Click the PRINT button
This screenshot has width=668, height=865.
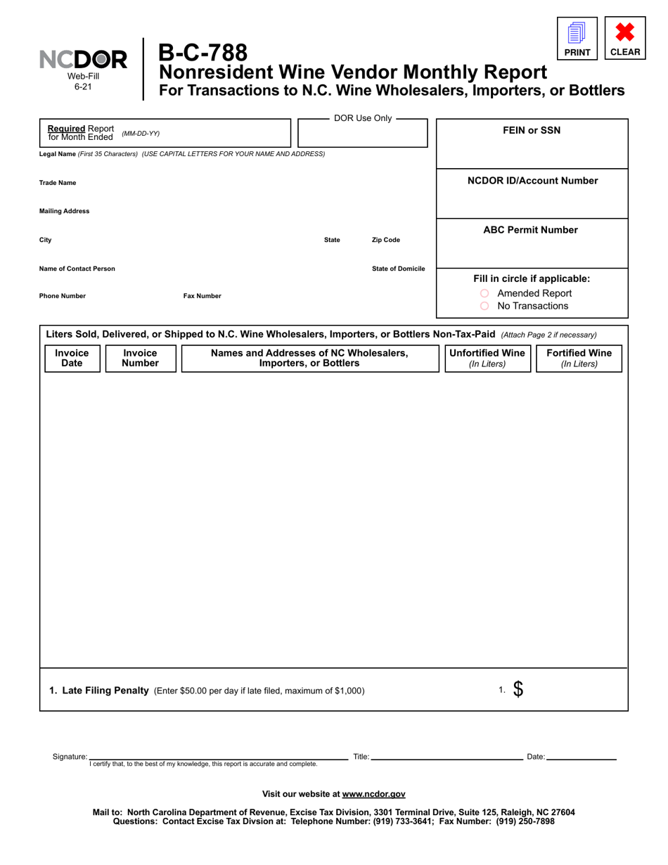(x=577, y=38)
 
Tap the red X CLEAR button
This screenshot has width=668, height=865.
(x=625, y=38)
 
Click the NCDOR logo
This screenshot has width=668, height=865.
(x=84, y=60)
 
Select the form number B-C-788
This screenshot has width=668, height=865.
(x=203, y=52)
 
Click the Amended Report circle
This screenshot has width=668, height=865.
(x=484, y=293)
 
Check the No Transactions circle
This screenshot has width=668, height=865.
(x=484, y=306)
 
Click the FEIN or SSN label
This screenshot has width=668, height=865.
(x=532, y=130)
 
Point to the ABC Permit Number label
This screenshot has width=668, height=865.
(x=531, y=230)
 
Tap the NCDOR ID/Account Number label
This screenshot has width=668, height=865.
(x=532, y=181)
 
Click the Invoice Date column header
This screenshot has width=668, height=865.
(x=72, y=358)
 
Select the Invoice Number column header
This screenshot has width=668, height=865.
(x=140, y=358)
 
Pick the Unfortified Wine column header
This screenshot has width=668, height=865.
(x=487, y=358)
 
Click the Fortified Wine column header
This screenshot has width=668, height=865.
(x=579, y=358)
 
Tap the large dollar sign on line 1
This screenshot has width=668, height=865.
(x=518, y=690)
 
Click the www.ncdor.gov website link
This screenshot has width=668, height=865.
(x=373, y=794)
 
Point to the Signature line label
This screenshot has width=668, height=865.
(x=70, y=757)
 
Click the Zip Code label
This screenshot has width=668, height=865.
(x=385, y=240)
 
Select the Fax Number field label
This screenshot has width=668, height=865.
(x=202, y=296)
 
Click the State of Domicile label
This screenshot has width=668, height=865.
(x=398, y=269)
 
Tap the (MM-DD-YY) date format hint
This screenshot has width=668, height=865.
(x=141, y=133)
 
